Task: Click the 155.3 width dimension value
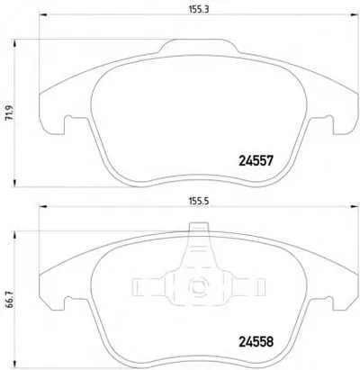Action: tap(198, 9)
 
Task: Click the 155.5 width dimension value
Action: tap(198, 202)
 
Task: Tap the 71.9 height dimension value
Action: tap(10, 113)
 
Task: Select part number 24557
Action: tap(256, 161)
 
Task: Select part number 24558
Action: tap(256, 341)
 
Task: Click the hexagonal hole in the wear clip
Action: tap(198, 285)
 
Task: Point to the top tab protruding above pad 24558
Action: tap(199, 227)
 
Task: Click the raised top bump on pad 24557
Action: tap(199, 46)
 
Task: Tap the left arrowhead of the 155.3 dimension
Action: tap(43, 14)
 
